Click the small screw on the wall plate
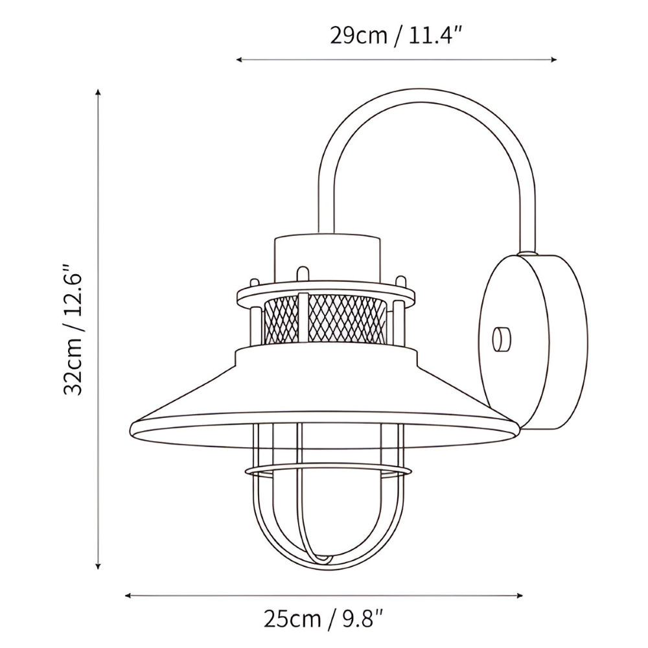[x=501, y=339]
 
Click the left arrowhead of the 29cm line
[x=238, y=60]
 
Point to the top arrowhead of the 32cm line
[x=98, y=93]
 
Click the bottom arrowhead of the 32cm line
[x=98, y=566]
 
